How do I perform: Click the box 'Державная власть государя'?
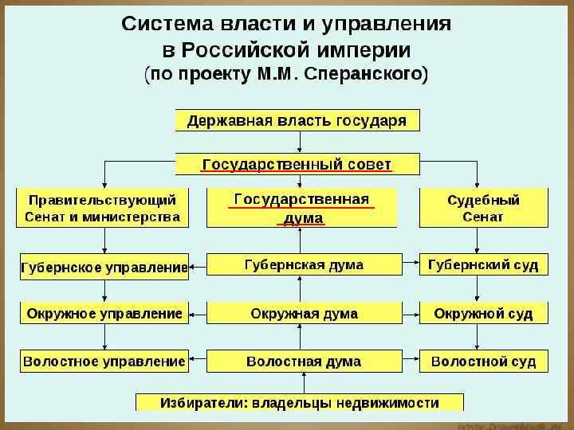coord(297,120)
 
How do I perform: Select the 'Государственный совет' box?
coord(297,164)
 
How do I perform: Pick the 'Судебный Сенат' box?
coord(483,207)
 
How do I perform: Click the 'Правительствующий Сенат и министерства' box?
coord(104,207)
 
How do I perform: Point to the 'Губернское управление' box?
coord(104,266)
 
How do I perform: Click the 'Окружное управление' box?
coord(104,313)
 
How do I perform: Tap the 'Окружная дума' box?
coord(304,313)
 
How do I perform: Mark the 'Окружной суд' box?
coord(483,313)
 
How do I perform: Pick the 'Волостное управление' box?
coord(104,361)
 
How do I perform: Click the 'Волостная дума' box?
coord(304,361)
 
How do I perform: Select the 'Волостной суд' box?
coord(483,361)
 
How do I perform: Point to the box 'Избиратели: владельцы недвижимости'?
coord(299,402)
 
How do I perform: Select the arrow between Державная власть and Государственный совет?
coord(299,142)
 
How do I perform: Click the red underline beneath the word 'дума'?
coord(301,225)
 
